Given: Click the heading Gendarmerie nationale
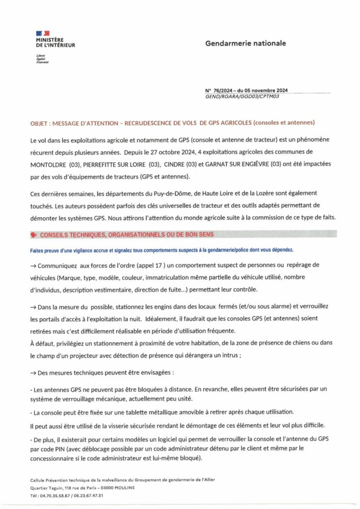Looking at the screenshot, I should point(246,43).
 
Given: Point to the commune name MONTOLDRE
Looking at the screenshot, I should point(49,164).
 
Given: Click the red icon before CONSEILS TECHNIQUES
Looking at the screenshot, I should point(33,234).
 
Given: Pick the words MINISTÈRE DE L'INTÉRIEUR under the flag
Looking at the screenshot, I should point(55,42).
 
